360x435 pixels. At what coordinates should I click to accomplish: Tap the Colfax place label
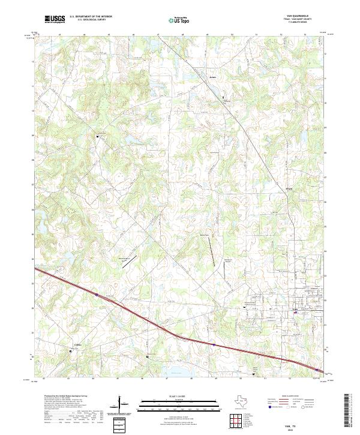77,344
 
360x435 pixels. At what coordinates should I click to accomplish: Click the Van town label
295,310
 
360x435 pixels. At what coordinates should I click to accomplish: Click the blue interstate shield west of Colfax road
97,295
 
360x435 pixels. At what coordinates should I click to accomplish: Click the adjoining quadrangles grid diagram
235,420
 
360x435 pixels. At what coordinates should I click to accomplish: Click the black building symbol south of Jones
224,97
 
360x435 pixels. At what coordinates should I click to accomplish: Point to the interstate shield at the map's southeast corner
314,370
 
